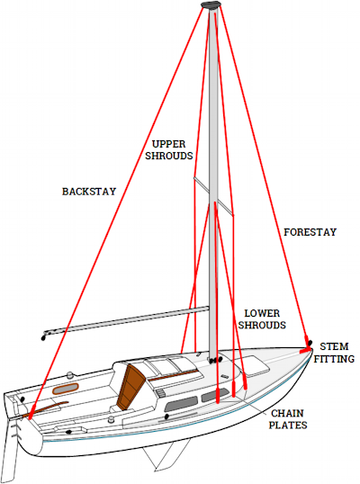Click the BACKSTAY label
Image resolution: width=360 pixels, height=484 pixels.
[x=89, y=192]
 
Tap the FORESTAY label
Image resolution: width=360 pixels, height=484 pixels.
[x=310, y=232]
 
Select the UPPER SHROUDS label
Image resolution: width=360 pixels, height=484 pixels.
[x=169, y=150]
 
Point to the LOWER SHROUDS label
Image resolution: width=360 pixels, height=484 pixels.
[x=262, y=319]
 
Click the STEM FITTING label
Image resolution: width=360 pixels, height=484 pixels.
[x=334, y=353]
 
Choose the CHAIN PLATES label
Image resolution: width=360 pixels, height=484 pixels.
[x=288, y=419]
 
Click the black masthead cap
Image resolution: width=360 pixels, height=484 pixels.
[x=211, y=4]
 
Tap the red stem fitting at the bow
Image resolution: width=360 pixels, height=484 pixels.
[x=306, y=350]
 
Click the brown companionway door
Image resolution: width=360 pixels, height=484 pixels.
[x=130, y=387]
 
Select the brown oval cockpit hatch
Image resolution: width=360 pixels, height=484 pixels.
[x=66, y=389]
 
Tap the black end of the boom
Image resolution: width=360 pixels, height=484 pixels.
[x=43, y=338]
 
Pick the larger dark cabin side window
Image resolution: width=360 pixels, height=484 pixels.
[x=181, y=403]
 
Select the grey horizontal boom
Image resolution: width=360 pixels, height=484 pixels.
[x=126, y=322]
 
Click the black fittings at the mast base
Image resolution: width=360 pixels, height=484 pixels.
[x=215, y=360]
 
